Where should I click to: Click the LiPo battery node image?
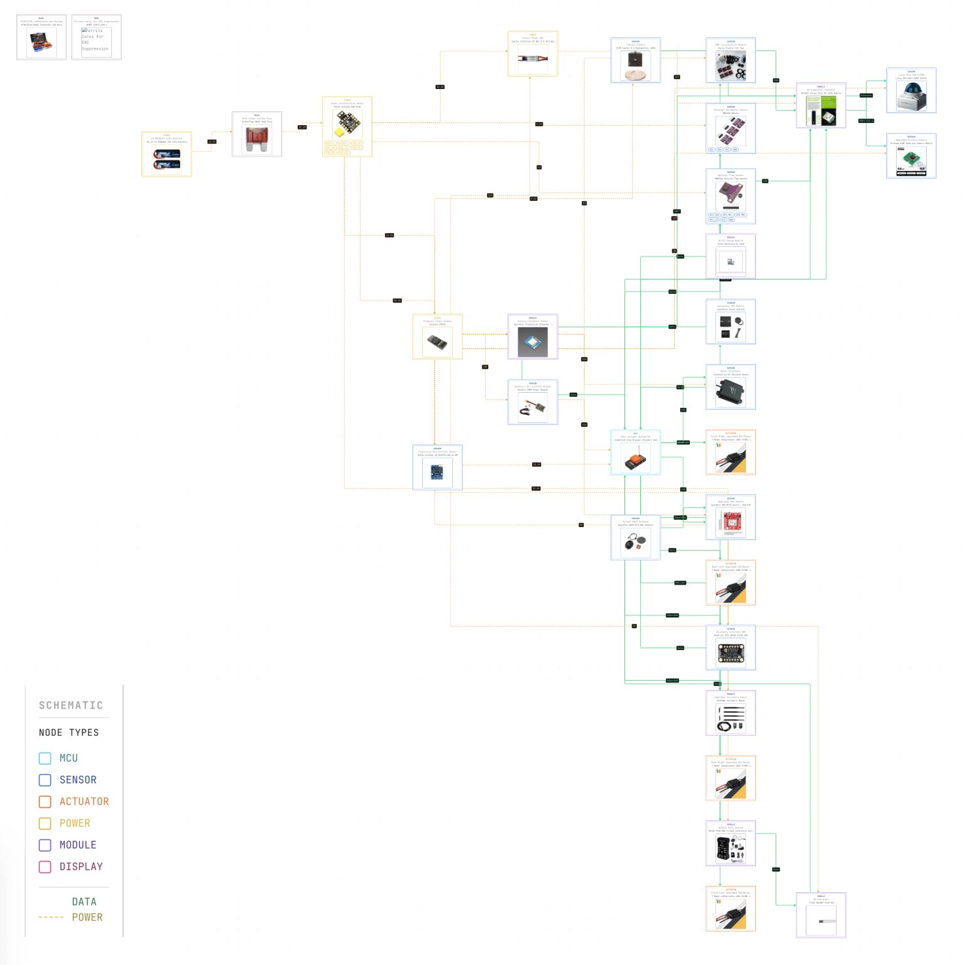(166, 160)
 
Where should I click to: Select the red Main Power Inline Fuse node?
(257, 139)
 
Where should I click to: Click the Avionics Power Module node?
(437, 340)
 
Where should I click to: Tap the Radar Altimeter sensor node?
(730, 391)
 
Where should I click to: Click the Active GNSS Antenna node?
(635, 540)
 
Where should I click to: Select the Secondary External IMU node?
(730, 651)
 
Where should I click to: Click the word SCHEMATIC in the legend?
(71, 705)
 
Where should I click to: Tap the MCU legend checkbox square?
(45, 758)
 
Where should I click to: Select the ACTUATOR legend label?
(84, 801)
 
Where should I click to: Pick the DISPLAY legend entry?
(81, 866)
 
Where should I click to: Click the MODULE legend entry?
(77, 845)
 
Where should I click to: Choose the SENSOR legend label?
(77, 780)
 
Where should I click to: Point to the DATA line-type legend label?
(84, 901)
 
